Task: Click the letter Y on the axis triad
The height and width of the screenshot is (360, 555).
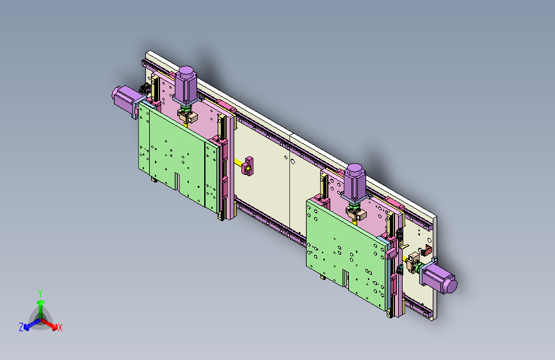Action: click(40, 293)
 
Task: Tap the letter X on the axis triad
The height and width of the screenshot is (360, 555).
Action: click(60, 328)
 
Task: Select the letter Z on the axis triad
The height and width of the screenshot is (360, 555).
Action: click(21, 327)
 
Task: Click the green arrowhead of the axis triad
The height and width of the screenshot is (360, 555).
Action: click(41, 302)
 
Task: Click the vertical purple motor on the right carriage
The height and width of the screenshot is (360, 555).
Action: click(353, 183)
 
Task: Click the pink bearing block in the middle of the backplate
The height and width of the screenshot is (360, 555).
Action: click(248, 166)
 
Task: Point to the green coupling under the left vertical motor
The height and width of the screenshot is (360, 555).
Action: click(185, 108)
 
